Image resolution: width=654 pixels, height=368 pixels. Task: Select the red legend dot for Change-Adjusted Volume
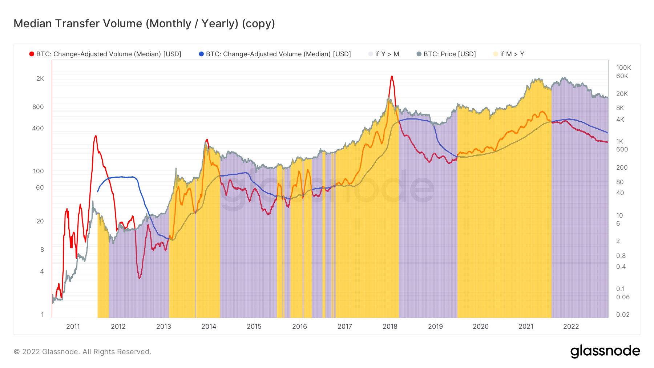coord(32,54)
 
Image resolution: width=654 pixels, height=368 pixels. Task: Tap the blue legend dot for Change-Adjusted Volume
coord(201,54)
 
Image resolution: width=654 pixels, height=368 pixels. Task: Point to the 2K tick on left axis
coord(40,78)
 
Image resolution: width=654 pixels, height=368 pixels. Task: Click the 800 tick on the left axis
coord(38,107)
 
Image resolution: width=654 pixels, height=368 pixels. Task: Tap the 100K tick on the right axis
coord(623,68)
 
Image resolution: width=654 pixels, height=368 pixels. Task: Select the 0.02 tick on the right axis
coord(623,315)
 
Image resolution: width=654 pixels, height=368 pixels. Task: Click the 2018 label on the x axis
coord(390,326)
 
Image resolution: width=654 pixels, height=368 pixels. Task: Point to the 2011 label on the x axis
coord(73,326)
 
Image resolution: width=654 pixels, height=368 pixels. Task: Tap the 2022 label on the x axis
coord(571,326)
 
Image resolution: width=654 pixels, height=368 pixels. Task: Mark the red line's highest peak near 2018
coord(392,76)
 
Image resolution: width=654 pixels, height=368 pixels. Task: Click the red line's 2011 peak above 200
coord(96,136)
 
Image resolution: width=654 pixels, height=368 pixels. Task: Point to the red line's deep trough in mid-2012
coord(140,278)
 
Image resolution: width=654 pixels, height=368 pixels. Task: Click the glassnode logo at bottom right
coord(605,351)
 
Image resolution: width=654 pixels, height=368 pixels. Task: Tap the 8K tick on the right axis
coord(620,108)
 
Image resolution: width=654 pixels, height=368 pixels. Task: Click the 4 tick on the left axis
coord(42,271)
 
